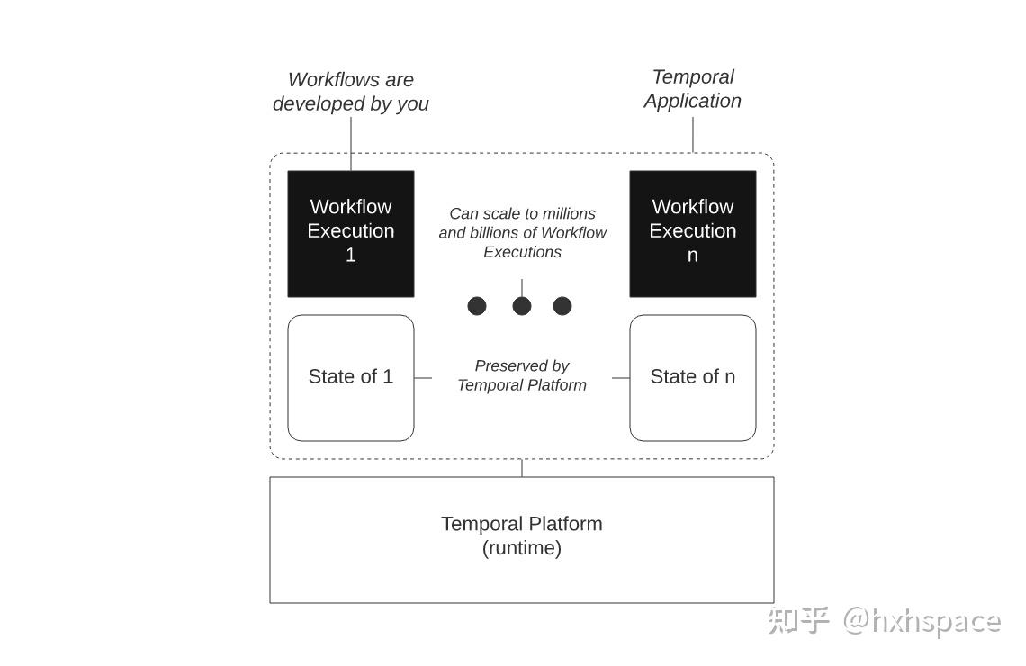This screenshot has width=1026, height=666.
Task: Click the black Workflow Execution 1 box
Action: tap(350, 233)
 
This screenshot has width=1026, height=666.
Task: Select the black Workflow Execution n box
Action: tap(692, 233)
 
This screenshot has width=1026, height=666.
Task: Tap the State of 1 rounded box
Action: tap(350, 377)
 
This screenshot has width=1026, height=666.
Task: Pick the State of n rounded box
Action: tap(692, 377)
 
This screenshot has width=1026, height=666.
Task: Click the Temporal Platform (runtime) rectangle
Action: tap(521, 539)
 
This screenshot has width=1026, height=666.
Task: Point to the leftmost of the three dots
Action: tap(477, 306)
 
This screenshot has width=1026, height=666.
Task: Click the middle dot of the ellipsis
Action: tap(522, 306)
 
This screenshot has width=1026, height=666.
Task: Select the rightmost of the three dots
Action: tap(562, 306)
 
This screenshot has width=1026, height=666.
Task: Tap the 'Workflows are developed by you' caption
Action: tap(350, 92)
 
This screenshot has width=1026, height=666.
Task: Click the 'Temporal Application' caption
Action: tap(692, 89)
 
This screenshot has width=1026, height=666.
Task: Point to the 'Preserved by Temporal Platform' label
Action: tap(522, 375)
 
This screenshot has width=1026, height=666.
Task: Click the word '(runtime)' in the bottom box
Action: tap(522, 548)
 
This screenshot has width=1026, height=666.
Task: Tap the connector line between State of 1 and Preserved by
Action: tap(423, 378)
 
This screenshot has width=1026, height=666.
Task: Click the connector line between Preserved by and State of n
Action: tap(621, 378)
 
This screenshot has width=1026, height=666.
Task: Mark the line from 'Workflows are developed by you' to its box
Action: tap(351, 143)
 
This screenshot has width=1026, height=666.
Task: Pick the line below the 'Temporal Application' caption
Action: tap(693, 134)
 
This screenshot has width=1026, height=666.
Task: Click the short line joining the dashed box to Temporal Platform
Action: tap(522, 468)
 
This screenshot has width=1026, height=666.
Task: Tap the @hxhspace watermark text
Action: tap(922, 620)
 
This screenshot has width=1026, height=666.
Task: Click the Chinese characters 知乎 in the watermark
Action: tap(798, 620)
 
